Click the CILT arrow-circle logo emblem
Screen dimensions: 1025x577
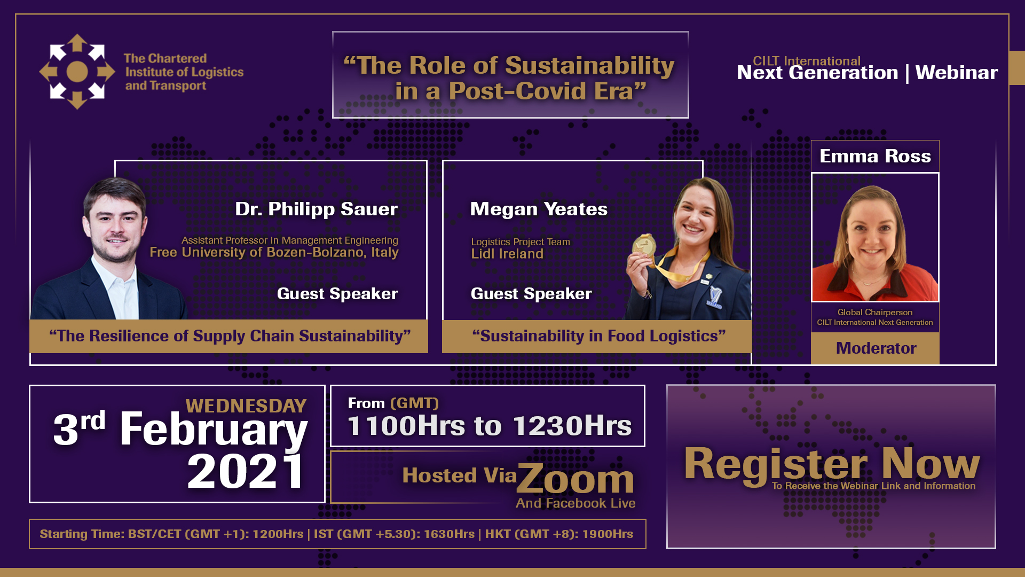[x=77, y=72]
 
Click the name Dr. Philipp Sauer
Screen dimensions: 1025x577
[x=317, y=209]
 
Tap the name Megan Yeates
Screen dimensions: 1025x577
[x=539, y=209]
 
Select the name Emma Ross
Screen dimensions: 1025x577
[x=875, y=156]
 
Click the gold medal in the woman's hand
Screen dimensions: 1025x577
[x=644, y=246]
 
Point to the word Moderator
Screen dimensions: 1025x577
[x=876, y=348]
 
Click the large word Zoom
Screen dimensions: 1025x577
[x=575, y=479]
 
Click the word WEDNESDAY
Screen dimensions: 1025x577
[x=246, y=406]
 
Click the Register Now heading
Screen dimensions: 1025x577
[x=832, y=464]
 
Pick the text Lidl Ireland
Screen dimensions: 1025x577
[x=507, y=254]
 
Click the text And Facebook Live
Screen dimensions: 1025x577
[x=575, y=503]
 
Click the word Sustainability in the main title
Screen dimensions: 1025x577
[x=590, y=65]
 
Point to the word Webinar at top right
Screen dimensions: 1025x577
[x=957, y=73]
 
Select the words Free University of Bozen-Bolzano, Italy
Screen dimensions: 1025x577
[x=274, y=252]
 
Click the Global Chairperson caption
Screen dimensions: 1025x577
[x=875, y=312]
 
